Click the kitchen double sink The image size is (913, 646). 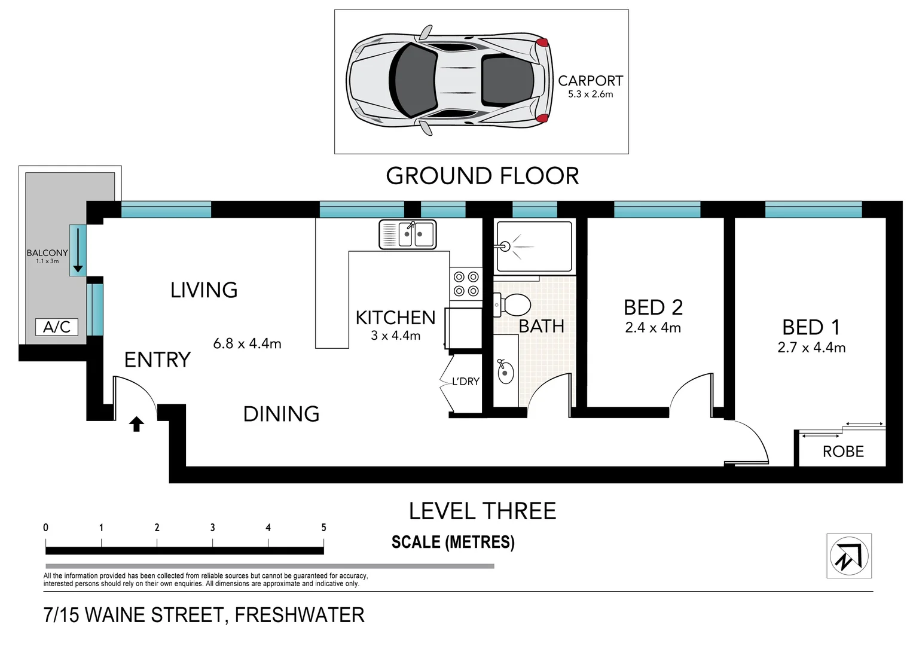point(408,234)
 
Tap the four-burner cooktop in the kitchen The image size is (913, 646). point(466,284)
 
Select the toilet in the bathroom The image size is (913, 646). point(512,305)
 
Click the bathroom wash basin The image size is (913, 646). point(506,371)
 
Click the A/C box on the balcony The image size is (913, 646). point(57,327)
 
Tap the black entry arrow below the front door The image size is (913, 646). point(136,424)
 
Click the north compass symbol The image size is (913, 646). point(850,556)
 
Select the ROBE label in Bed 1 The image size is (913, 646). point(843,452)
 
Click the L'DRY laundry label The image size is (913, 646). point(466,382)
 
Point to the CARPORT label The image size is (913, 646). point(591,81)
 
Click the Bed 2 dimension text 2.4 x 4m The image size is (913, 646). point(653,328)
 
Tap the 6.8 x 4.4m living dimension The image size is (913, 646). point(248,343)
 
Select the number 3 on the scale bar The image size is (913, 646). point(212,528)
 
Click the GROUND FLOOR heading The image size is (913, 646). point(483,176)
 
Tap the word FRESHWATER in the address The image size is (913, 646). point(300,615)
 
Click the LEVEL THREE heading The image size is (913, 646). point(483,511)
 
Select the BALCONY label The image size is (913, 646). point(47,253)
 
